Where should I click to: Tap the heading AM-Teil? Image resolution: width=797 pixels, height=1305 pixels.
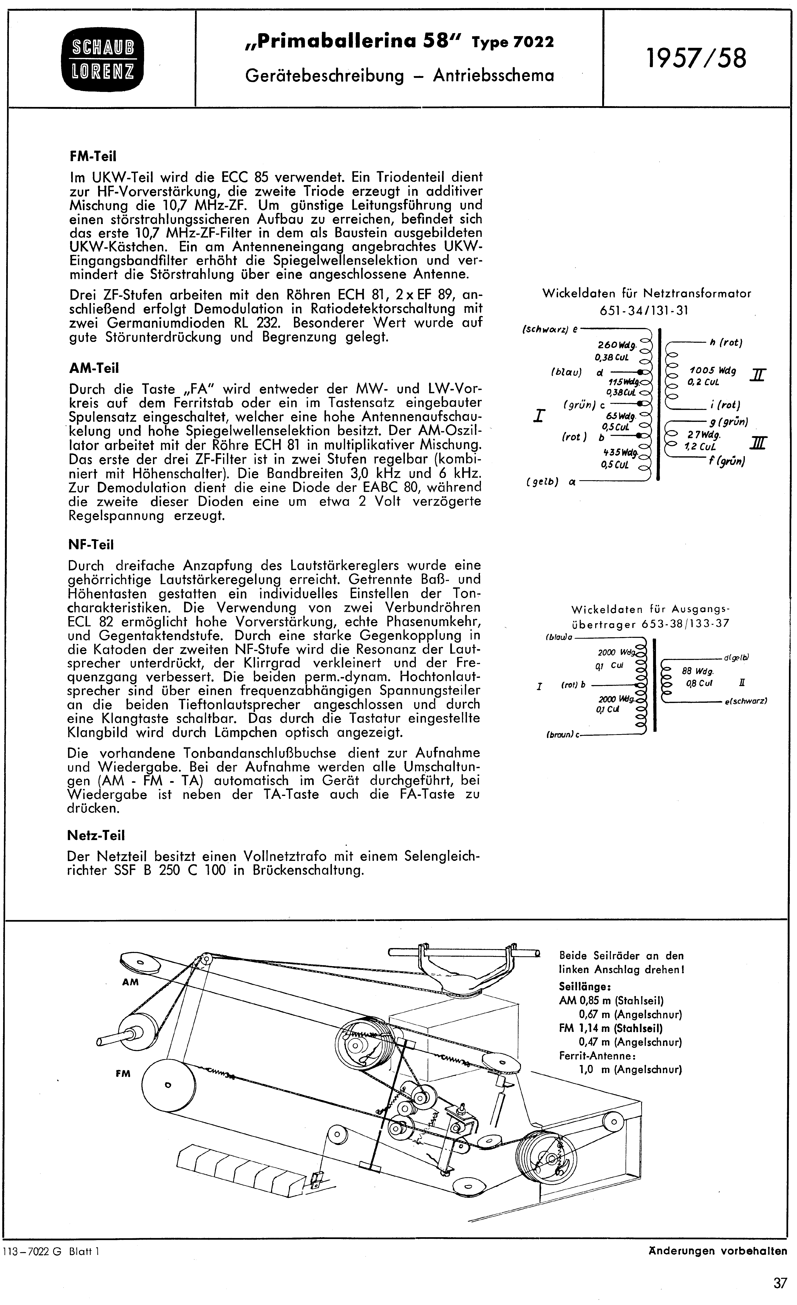pyautogui.click(x=94, y=368)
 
